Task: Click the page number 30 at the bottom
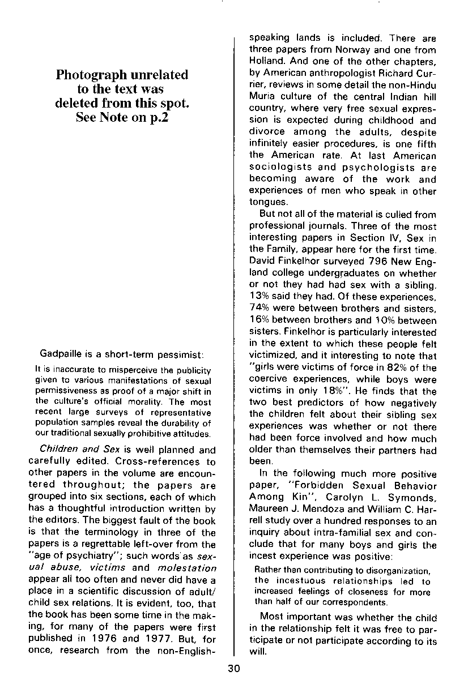pos(233,668)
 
